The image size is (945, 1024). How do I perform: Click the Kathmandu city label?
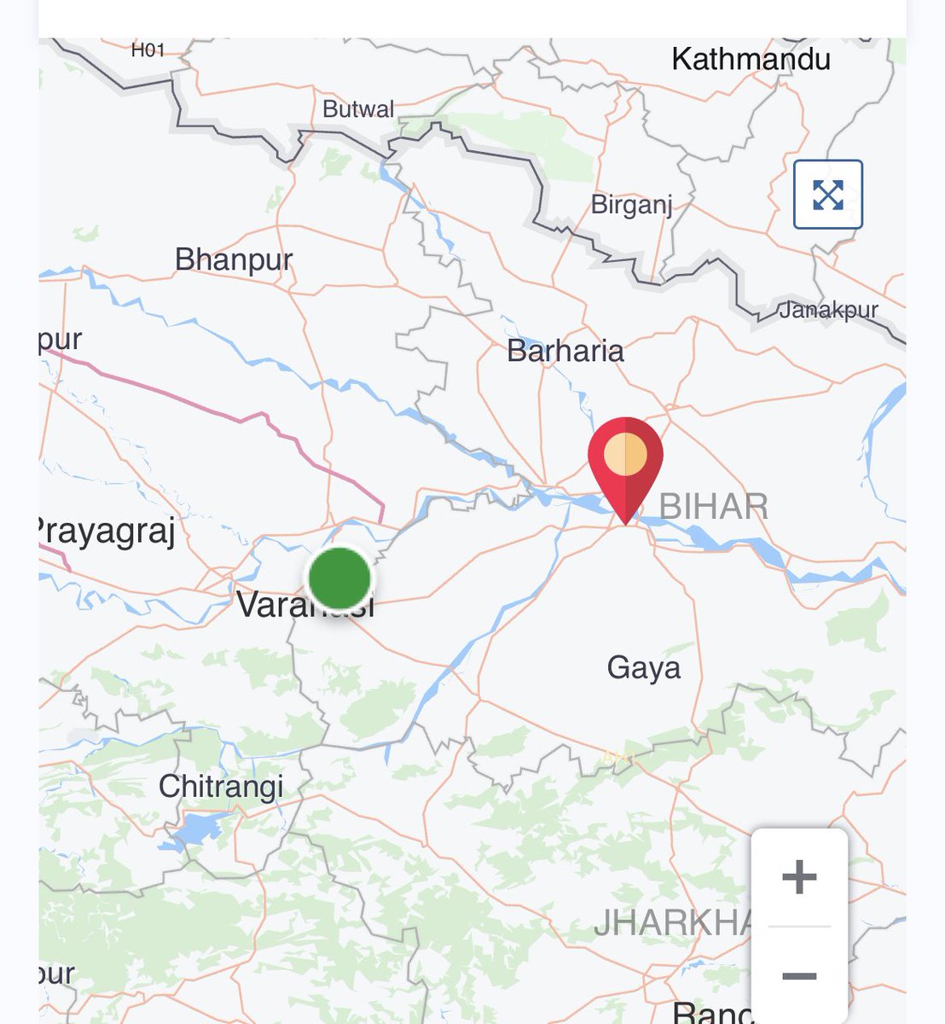point(751,60)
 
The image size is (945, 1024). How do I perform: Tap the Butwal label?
point(358,109)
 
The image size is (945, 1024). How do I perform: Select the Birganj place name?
point(632,206)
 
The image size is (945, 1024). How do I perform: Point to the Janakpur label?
point(828,311)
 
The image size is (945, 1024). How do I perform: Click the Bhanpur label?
point(233,259)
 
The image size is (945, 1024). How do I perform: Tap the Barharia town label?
point(565,351)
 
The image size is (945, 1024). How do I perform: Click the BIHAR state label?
point(714,508)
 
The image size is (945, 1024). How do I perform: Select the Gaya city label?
point(644,667)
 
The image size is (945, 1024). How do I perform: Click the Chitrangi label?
point(221,786)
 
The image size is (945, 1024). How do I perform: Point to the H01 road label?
point(148,50)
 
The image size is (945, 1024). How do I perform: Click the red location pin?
point(625,465)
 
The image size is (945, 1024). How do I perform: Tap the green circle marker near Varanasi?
point(339,579)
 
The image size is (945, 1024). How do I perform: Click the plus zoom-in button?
point(799,877)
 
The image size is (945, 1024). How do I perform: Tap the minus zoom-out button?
point(799,975)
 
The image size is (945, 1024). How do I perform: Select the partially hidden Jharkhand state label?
point(672,923)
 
